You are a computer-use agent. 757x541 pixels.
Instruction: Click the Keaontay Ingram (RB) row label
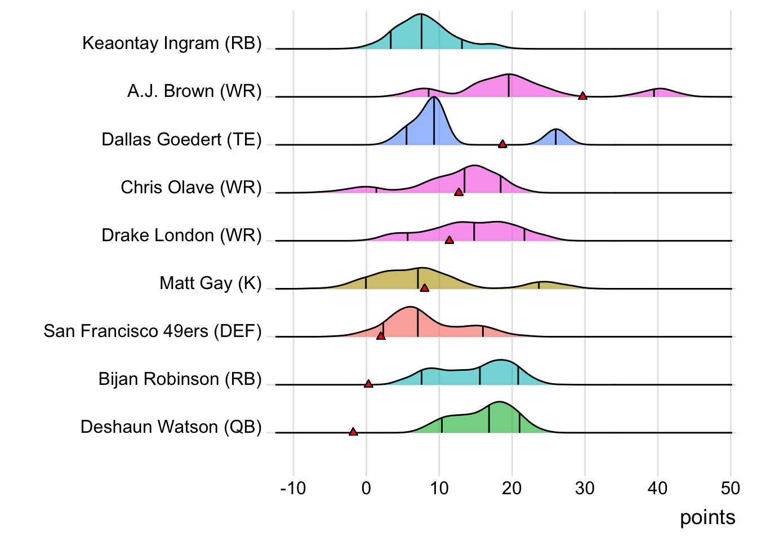(x=172, y=43)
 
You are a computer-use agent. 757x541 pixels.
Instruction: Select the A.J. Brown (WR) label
(x=194, y=91)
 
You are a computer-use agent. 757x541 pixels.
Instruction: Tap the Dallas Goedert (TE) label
(x=181, y=139)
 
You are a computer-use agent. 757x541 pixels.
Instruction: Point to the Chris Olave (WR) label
(x=191, y=187)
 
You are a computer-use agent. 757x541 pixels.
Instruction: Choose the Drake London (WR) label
(x=181, y=235)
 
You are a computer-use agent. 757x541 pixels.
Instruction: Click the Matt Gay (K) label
(x=211, y=283)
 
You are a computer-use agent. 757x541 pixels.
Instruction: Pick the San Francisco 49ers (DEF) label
(x=153, y=331)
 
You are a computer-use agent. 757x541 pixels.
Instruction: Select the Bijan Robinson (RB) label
(x=180, y=379)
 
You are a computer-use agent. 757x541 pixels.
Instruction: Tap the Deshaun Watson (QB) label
(x=171, y=427)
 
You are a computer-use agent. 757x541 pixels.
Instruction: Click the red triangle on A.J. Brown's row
(x=582, y=96)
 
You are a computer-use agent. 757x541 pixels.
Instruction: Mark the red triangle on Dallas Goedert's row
(x=502, y=144)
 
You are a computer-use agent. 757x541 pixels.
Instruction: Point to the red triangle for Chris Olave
(x=458, y=192)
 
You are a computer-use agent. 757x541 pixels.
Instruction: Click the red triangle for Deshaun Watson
(x=353, y=432)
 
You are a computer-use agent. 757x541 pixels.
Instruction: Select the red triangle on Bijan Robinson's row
(x=368, y=384)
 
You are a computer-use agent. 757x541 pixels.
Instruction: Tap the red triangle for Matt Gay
(x=425, y=288)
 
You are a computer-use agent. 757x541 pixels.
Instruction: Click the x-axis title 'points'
(x=707, y=517)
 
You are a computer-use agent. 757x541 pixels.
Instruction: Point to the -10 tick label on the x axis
(x=293, y=488)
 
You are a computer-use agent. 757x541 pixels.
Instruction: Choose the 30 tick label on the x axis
(x=585, y=488)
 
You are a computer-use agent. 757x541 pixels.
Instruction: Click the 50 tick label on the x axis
(x=731, y=488)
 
